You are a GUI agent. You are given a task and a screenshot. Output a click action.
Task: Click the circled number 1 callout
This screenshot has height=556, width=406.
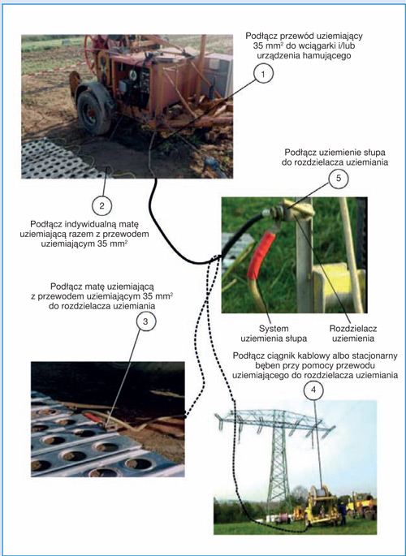[x=263, y=74]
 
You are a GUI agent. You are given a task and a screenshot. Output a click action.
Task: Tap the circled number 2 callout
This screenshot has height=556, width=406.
[x=101, y=205]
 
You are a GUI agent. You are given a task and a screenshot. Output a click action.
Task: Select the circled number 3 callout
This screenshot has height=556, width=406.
[x=145, y=321]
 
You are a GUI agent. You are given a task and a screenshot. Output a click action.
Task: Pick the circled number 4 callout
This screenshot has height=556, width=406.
[x=313, y=390]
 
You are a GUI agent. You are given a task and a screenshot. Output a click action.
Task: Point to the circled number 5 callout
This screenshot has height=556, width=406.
[x=339, y=178]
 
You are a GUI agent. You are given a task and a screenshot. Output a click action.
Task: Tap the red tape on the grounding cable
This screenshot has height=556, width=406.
[x=261, y=255]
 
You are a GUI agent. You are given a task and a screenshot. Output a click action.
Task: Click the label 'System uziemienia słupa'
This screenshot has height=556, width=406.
[x=274, y=334]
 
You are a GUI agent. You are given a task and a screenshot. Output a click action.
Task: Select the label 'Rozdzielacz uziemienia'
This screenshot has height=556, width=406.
[x=352, y=334]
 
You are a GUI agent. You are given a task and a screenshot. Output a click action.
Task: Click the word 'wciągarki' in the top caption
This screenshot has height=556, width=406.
[x=312, y=45]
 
